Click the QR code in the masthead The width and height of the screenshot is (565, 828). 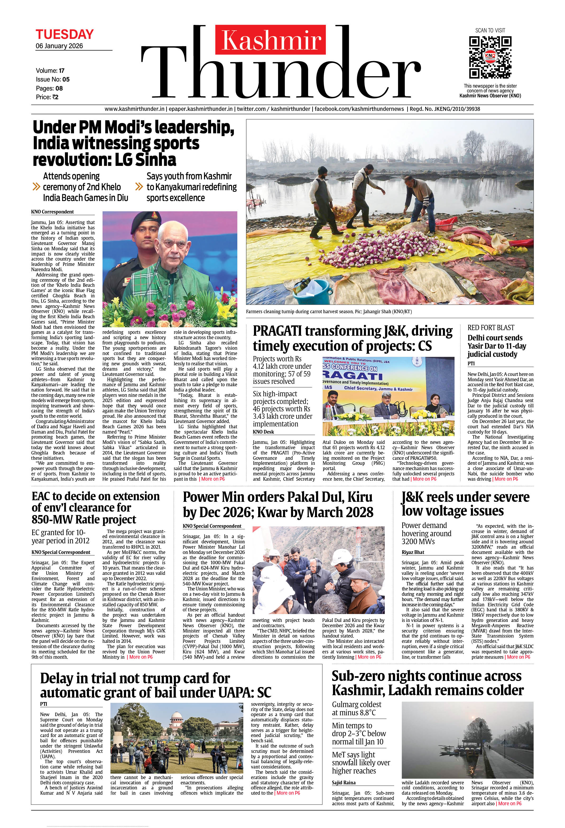tap(490, 57)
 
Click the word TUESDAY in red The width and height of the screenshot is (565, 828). tap(64, 35)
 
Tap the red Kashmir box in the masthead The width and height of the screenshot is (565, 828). tap(271, 39)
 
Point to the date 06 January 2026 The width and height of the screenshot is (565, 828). tap(59, 46)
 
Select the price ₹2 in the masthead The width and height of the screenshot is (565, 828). tap(47, 97)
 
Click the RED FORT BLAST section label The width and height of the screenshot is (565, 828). tap(486, 327)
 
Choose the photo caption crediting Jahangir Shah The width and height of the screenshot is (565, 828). tap(328, 312)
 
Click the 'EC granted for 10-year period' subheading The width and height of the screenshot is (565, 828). tap(60, 536)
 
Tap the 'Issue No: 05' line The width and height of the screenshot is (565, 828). tap(53, 79)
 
